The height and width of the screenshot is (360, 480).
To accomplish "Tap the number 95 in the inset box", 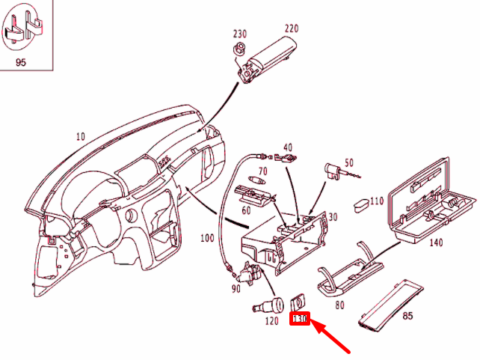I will click(x=20, y=62).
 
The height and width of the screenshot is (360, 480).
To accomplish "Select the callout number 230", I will click(x=239, y=34).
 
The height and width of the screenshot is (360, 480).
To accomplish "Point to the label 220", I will click(x=292, y=28).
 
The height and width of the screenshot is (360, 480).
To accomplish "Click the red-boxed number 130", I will click(x=300, y=320).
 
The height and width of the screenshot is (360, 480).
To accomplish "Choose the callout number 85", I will click(x=407, y=315).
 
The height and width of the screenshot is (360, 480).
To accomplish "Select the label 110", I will click(x=376, y=201).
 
